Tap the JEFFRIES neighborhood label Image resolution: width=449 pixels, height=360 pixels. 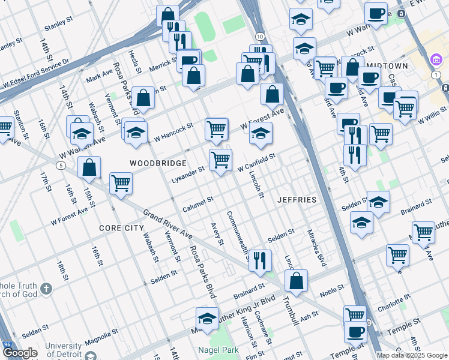pyautogui.click(x=297, y=199)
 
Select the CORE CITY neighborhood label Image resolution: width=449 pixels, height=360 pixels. pyautogui.click(x=121, y=228)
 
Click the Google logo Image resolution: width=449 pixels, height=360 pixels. pyautogui.click(x=20, y=353)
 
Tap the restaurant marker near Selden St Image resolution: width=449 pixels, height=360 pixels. pyautogui.click(x=260, y=260)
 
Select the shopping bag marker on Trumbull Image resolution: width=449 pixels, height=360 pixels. pyautogui.click(x=297, y=280)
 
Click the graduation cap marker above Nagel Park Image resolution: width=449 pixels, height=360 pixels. pyautogui.click(x=207, y=318)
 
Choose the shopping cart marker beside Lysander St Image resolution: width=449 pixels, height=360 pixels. pyautogui.click(x=220, y=160)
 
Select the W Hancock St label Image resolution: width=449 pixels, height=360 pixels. pyautogui.click(x=173, y=132)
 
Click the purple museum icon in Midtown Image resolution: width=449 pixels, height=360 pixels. pyautogui.click(x=436, y=61)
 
